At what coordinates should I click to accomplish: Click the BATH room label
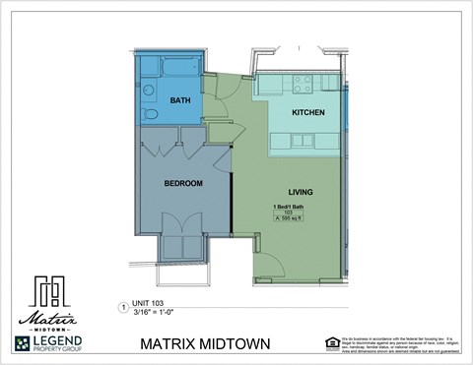pyautogui.click(x=179, y=100)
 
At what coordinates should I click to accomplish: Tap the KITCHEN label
pyautogui.click(x=308, y=113)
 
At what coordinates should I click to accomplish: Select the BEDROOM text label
pyautogui.click(x=183, y=183)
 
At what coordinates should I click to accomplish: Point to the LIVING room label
pyautogui.click(x=301, y=191)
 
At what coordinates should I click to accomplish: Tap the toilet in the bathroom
pyautogui.click(x=149, y=113)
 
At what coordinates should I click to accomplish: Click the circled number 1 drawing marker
pyautogui.click(x=123, y=307)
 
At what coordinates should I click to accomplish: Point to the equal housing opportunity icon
pyautogui.click(x=331, y=342)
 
